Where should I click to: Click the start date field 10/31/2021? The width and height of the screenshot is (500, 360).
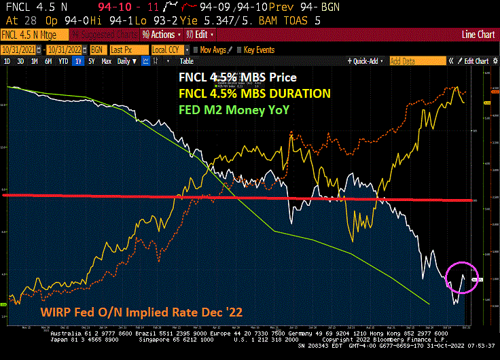coord(19,50)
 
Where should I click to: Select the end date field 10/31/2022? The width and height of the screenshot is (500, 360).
coord(63,50)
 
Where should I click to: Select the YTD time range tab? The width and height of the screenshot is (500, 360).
coord(63,61)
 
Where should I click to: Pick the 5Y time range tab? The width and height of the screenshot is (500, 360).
coord(91,61)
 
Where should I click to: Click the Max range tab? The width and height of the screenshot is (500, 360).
coord(106,61)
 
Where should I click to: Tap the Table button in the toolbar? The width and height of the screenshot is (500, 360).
coord(187,61)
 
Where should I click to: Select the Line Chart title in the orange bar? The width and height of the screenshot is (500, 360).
coord(477,34)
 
